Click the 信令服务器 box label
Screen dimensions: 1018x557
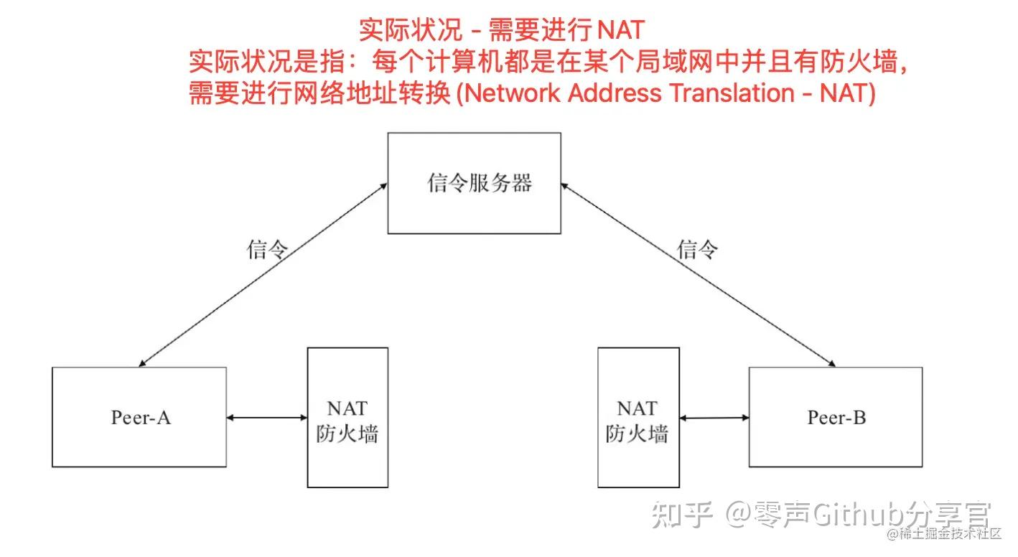[480, 183]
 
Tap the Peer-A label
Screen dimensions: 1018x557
[141, 418]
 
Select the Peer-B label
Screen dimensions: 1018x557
[836, 418]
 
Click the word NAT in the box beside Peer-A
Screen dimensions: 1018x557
[347, 408]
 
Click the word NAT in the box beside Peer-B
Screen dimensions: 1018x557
[638, 408]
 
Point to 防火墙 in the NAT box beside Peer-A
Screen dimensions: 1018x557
[347, 434]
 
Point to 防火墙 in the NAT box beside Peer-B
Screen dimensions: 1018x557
[638, 434]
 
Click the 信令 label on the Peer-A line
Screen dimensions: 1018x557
[267, 250]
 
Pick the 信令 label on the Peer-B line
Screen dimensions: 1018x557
[698, 250]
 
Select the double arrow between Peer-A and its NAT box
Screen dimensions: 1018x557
[267, 418]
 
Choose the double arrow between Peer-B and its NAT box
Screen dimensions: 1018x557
[714, 418]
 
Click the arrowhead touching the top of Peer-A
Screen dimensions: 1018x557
[142, 364]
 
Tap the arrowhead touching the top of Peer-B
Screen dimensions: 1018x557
[832, 364]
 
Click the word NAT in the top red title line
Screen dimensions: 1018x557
[621, 30]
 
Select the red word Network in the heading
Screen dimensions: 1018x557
[512, 93]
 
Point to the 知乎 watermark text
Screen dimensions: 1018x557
[682, 515]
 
